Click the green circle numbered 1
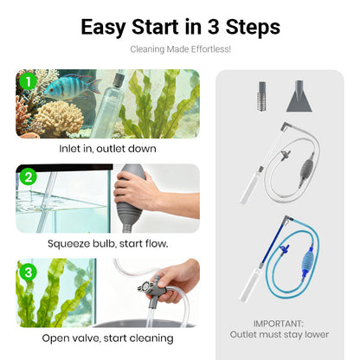tap(28, 82)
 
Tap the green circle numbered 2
tap(28, 177)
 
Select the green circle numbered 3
tap(28, 272)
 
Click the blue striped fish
tap(72, 87)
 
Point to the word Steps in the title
tap(253, 27)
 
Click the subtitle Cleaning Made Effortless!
tap(180, 49)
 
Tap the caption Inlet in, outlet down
tap(107, 149)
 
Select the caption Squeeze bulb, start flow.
tap(107, 244)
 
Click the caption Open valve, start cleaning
tap(107, 338)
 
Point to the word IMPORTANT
tap(279, 324)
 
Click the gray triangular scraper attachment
tap(299, 96)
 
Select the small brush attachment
tap(262, 96)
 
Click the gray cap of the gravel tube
tap(119, 80)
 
